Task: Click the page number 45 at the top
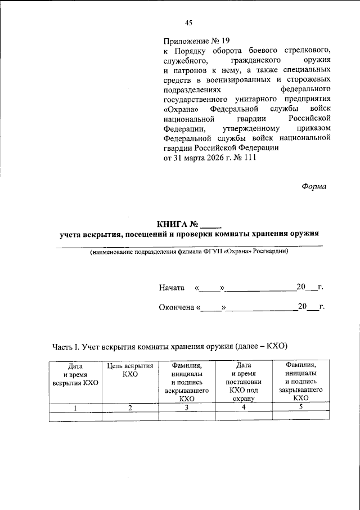coord(188,23)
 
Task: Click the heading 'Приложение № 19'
coord(197,41)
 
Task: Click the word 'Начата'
coord(172,287)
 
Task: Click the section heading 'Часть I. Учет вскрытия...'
coord(170,346)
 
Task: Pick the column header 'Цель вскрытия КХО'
coord(130,370)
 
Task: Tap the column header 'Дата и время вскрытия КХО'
coord(75,374)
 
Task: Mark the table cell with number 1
coord(75,408)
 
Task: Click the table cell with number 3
coord(187,408)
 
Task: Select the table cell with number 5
coord(300,407)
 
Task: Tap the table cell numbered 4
coord(244,408)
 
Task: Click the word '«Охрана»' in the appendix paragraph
coord(182,108)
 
